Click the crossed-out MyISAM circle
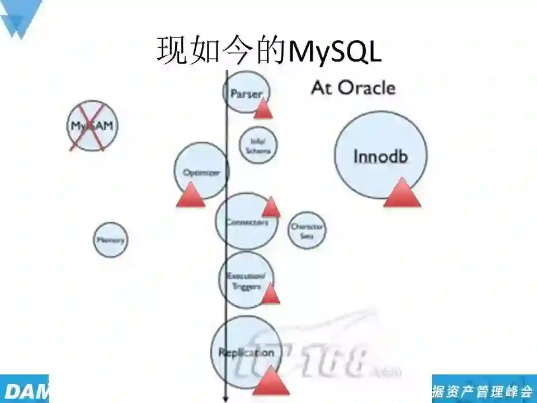pos(92,126)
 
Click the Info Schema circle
pos(258,145)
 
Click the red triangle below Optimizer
pos(191,195)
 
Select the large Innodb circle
pos(380,156)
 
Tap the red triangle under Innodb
pos(402,193)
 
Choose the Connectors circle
pos(246,222)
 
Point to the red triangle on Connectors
pos(271,207)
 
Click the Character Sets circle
pos(307,228)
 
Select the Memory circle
pos(110,240)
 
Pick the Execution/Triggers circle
pos(246,280)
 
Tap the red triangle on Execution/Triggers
pos(270,294)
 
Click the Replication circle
pos(246,352)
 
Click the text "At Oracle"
pos(353,88)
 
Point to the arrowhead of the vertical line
pos(226,399)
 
